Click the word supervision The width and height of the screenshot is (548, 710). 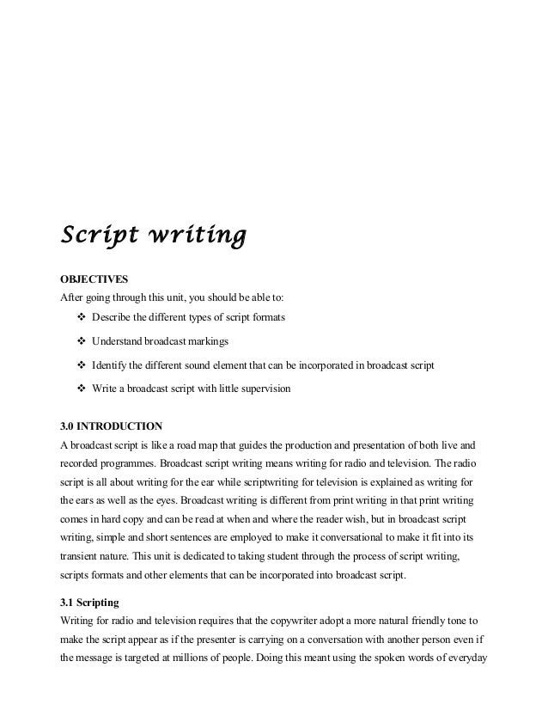(265, 389)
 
